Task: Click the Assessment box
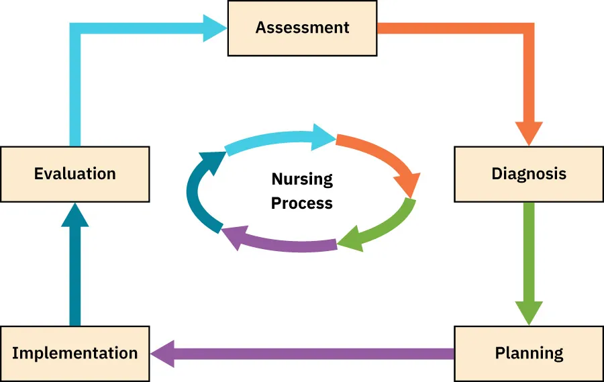click(x=302, y=28)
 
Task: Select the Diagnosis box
click(x=528, y=174)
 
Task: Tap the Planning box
click(x=528, y=353)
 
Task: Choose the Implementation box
click(x=74, y=353)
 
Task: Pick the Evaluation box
click(x=74, y=174)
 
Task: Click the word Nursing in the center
click(x=302, y=179)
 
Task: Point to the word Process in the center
click(x=302, y=203)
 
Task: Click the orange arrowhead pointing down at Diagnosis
click(x=528, y=132)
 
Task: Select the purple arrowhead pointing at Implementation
click(x=164, y=353)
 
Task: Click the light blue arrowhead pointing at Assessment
click(x=214, y=28)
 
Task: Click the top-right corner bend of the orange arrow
click(x=527, y=28)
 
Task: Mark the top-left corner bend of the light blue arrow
click(x=75, y=28)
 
